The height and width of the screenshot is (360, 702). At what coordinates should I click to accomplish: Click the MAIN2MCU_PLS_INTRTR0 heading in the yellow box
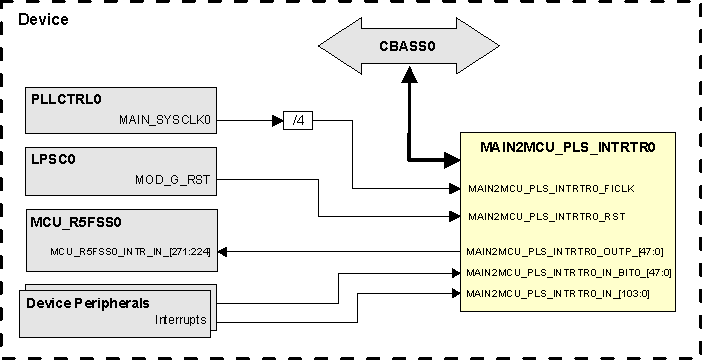[567, 148]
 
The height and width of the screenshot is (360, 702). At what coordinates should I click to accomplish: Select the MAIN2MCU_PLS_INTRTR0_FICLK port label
[551, 187]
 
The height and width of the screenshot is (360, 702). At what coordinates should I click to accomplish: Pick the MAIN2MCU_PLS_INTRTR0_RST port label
[546, 216]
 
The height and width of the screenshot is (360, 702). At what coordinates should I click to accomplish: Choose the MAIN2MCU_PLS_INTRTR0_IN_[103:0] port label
[558, 292]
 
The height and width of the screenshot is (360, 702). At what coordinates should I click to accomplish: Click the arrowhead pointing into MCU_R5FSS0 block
[224, 252]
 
